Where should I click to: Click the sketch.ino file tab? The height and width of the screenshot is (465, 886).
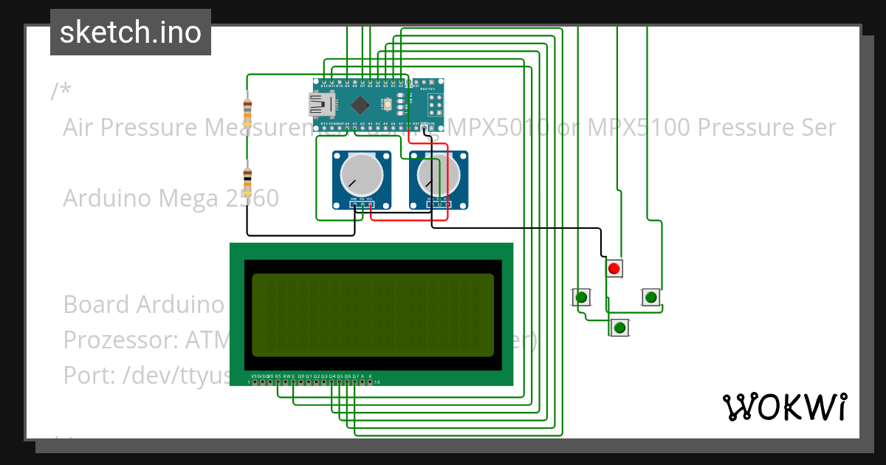pyautogui.click(x=131, y=32)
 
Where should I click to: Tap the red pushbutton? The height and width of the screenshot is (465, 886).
pyautogui.click(x=614, y=268)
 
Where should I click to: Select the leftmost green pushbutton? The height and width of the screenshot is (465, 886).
pyautogui.click(x=582, y=297)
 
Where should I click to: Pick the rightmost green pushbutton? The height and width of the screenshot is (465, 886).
pyautogui.click(x=650, y=297)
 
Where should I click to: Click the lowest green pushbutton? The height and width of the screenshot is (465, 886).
pyautogui.click(x=620, y=327)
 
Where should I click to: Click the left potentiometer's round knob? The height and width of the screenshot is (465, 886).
pyautogui.click(x=361, y=175)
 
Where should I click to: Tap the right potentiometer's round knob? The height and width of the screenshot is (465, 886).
pyautogui.click(x=437, y=175)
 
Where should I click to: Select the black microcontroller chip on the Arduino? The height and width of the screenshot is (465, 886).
pyautogui.click(x=360, y=103)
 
